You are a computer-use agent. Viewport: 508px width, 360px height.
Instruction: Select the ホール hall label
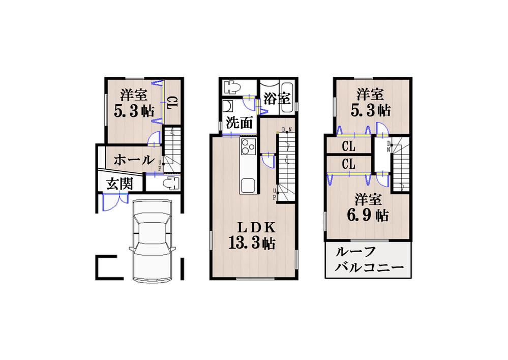134,160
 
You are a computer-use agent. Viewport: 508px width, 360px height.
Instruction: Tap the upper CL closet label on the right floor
348,147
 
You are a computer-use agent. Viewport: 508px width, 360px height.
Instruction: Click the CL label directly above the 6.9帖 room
348,164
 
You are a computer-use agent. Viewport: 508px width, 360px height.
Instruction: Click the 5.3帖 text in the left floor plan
134,111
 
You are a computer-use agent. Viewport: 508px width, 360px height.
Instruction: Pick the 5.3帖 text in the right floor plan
370,109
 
